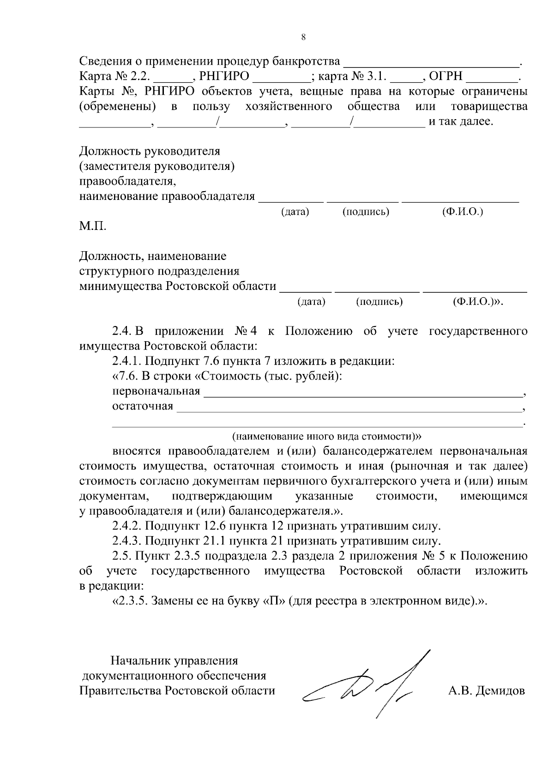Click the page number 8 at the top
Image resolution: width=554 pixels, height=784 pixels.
tap(303, 37)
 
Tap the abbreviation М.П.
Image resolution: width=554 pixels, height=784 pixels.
tap(92, 227)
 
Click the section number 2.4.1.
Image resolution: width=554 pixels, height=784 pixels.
tap(127, 361)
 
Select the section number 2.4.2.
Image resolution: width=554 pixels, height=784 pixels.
tap(127, 526)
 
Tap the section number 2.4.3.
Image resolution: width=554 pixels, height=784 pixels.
tap(127, 541)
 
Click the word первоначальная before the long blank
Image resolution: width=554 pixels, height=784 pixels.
tap(156, 392)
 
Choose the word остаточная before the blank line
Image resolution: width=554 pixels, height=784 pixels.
tap(143, 406)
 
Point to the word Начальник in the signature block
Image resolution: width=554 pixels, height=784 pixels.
tap(140, 661)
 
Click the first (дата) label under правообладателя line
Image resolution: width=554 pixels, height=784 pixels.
tap(295, 212)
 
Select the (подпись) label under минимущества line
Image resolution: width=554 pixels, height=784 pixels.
tap(379, 302)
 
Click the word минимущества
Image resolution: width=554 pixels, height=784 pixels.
tap(120, 286)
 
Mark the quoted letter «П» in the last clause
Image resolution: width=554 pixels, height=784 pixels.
tap(273, 601)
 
